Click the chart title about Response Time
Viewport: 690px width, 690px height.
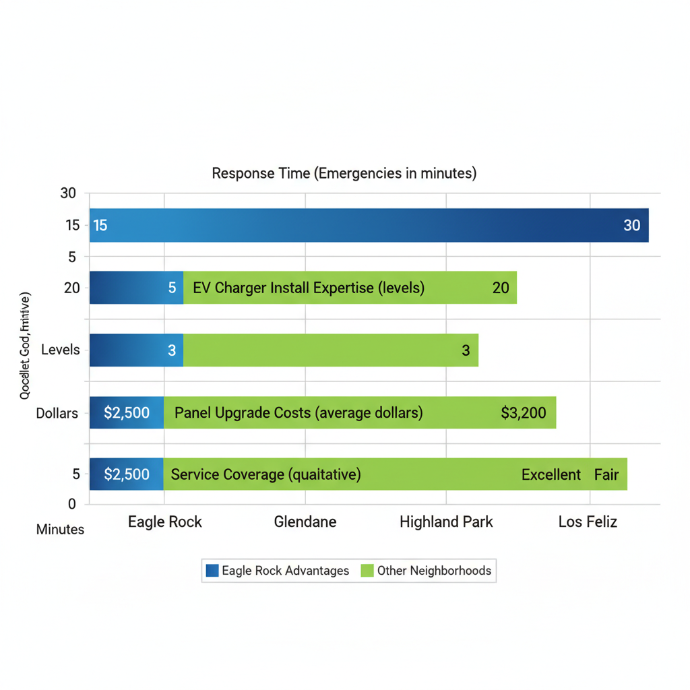[x=344, y=173]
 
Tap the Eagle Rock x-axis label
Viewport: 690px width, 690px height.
[x=165, y=522]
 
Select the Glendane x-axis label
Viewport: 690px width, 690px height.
[x=305, y=522]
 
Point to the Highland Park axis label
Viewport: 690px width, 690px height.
[x=446, y=522]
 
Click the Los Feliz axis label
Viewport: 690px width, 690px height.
[x=588, y=522]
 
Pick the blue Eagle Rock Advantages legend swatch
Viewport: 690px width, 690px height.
[x=212, y=571]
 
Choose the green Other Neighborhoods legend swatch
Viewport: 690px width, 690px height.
[x=367, y=571]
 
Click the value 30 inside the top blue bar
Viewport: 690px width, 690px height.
[x=631, y=225]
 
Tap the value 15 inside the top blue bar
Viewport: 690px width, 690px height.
[x=100, y=225]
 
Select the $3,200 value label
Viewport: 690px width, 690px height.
[x=524, y=412]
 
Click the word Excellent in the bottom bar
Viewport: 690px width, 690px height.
[x=551, y=474]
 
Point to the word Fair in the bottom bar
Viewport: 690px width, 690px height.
[x=606, y=474]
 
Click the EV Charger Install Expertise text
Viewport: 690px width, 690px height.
[x=309, y=288]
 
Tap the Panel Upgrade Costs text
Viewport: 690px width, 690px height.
[x=299, y=412]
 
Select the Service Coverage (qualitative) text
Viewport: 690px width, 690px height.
[x=265, y=474]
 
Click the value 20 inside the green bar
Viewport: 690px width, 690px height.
[x=501, y=288]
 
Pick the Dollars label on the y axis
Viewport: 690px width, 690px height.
[x=57, y=413]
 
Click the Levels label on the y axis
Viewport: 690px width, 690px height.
[x=60, y=350]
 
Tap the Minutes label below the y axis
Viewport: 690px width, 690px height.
[x=60, y=530]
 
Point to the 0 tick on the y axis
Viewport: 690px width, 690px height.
[x=72, y=503]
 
